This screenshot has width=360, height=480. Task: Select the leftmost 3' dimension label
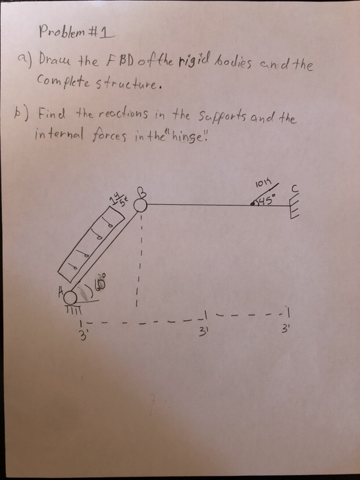[82, 335]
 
